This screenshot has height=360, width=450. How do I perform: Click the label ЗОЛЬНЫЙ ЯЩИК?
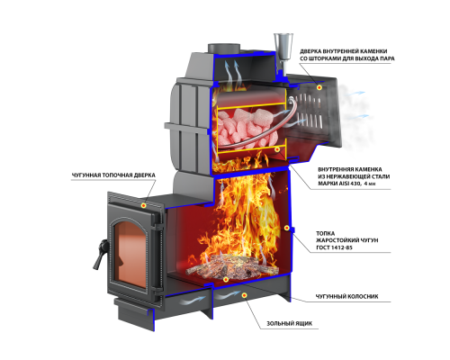(x=289, y=323)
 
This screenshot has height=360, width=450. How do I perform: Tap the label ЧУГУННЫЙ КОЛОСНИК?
(x=346, y=296)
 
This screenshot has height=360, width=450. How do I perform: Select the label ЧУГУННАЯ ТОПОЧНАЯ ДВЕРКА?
(x=113, y=175)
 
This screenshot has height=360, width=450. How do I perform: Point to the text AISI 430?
(x=350, y=184)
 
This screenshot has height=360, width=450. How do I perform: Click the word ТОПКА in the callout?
(x=325, y=233)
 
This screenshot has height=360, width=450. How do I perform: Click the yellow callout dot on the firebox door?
(x=144, y=205)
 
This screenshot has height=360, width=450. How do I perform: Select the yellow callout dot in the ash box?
(x=245, y=295)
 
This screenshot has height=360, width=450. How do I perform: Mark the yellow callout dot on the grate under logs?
(x=226, y=279)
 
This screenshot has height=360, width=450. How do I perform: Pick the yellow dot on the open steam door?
(x=319, y=87)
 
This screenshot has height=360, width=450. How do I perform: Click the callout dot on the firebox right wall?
(x=286, y=228)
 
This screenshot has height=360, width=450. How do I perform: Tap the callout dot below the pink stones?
(x=277, y=149)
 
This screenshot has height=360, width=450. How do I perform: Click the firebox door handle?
(x=100, y=254)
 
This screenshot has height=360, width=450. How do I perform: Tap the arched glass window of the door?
(x=130, y=253)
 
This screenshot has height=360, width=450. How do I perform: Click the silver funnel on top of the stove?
(x=283, y=48)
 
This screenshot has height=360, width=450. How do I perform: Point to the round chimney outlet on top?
(x=224, y=49)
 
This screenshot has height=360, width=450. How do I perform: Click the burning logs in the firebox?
(x=232, y=266)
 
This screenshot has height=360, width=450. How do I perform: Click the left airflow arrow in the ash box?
(x=192, y=300)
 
